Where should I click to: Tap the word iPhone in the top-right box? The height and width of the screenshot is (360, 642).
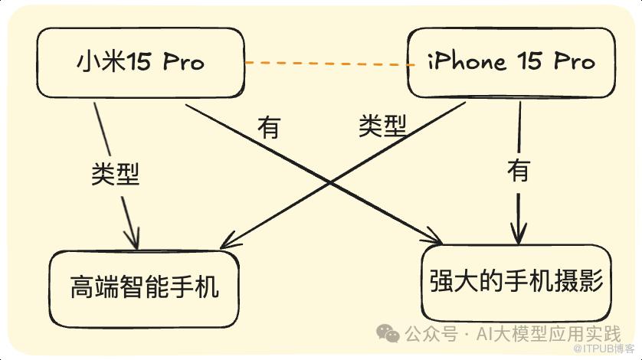[467, 62]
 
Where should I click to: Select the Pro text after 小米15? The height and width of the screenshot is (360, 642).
[183, 62]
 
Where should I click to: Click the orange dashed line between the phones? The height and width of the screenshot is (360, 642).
[329, 64]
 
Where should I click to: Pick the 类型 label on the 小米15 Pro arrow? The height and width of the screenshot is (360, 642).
[115, 174]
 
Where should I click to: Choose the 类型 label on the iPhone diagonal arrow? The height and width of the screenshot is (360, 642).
[382, 126]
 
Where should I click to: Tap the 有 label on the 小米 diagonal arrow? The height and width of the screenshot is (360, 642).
[269, 127]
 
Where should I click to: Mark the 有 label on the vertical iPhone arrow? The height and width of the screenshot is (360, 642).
[519, 170]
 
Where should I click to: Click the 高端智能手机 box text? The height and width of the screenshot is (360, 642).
[144, 286]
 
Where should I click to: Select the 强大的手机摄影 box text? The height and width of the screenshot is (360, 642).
[516, 281]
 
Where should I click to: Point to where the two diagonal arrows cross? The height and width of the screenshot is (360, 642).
[330, 182]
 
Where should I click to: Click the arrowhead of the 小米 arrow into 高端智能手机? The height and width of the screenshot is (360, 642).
[134, 240]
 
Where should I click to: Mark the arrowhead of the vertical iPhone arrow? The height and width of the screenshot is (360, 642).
[519, 234]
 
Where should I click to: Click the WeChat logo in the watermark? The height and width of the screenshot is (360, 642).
[388, 333]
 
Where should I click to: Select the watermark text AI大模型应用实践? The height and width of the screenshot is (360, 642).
[549, 334]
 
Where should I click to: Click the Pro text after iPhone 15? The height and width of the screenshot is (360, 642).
[574, 61]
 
